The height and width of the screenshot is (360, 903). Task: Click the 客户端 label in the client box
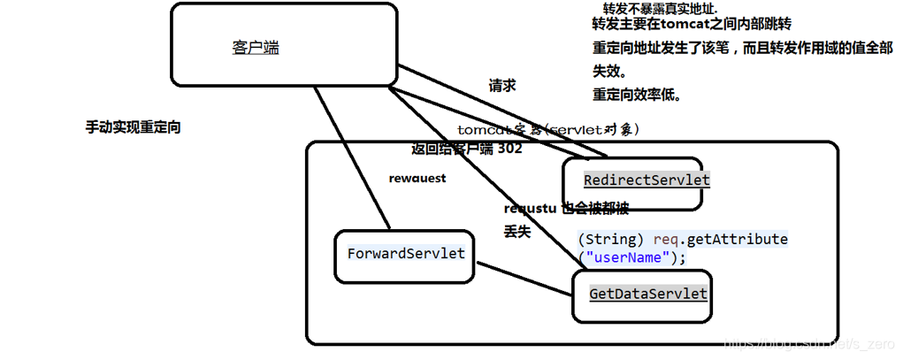(256, 48)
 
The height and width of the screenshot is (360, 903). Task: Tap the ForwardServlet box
(405, 254)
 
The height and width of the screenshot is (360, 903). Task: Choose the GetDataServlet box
(647, 293)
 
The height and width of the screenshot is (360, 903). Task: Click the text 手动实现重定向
(133, 127)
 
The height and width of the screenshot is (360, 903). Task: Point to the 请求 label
(502, 86)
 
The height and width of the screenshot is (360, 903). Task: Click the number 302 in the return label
(509, 149)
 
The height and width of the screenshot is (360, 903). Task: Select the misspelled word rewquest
(417, 178)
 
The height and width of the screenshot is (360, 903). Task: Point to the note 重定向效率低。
(636, 94)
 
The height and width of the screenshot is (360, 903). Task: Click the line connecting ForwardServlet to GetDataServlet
(522, 281)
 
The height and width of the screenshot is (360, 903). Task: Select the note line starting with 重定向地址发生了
(742, 48)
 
